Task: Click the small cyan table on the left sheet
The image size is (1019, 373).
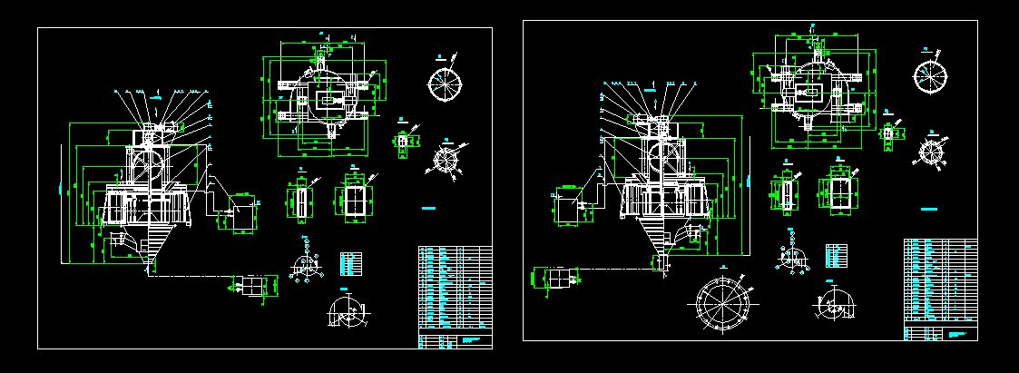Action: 349,263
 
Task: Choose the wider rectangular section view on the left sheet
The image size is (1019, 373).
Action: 353,200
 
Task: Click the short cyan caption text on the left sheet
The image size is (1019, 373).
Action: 429,209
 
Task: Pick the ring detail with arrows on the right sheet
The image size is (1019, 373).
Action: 932,150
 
